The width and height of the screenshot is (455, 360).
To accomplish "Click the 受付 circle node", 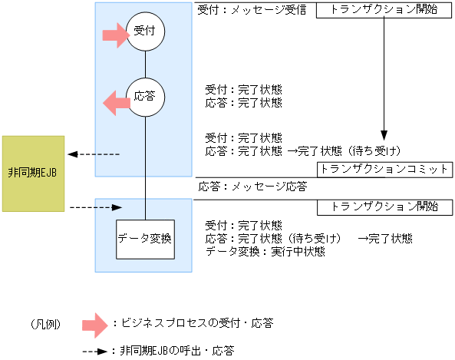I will [145, 32].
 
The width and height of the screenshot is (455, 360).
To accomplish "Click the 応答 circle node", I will [145, 97].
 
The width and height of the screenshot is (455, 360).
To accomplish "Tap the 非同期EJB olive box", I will [33, 174].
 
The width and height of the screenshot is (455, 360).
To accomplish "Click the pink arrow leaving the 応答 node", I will [117, 101].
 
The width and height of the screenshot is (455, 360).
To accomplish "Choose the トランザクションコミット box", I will [383, 169].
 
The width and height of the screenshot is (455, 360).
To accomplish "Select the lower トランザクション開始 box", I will [383, 206].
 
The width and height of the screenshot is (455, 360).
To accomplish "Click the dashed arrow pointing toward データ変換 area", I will [96, 207].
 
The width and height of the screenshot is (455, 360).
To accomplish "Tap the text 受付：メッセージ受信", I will [252, 10].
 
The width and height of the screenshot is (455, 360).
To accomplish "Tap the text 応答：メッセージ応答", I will [253, 187].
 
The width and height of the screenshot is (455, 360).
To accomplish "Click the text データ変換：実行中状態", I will [265, 251].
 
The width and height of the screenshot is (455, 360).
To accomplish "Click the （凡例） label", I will [47, 324].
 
